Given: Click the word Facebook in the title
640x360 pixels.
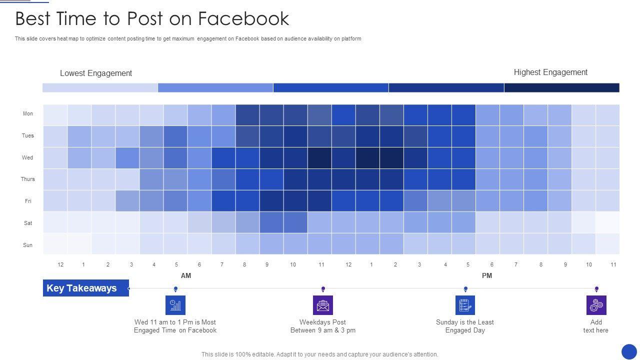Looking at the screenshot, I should click(x=243, y=19).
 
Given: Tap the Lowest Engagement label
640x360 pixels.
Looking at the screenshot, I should click(x=96, y=73).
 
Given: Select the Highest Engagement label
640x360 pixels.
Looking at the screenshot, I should click(x=550, y=72).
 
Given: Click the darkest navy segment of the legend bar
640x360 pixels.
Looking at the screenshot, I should click(x=561, y=88).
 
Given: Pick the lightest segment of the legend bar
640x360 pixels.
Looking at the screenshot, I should click(x=100, y=88).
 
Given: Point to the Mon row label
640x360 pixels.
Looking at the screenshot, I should click(x=28, y=114).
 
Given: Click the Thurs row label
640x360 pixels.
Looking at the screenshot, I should click(x=28, y=179).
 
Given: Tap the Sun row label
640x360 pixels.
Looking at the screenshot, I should click(x=28, y=245).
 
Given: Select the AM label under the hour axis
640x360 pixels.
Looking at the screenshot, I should click(x=186, y=275).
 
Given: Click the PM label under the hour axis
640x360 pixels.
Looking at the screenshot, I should click(x=487, y=275).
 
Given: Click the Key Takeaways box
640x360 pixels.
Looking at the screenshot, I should click(x=86, y=288).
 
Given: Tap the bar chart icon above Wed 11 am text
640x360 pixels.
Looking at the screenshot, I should click(x=175, y=305).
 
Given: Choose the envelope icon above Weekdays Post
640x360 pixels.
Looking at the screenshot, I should click(x=323, y=305).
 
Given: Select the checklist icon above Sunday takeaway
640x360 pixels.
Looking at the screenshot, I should click(x=465, y=305).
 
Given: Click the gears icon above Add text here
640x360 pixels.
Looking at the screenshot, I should click(x=596, y=305).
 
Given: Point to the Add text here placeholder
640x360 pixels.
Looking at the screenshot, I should click(x=596, y=326).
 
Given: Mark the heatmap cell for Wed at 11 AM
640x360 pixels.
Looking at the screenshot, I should click(x=319, y=158).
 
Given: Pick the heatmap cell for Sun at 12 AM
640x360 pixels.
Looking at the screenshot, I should click(x=55, y=244).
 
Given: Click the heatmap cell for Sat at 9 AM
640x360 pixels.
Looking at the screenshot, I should click(x=271, y=222).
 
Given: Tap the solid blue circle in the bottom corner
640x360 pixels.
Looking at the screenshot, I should click(x=629, y=351).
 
